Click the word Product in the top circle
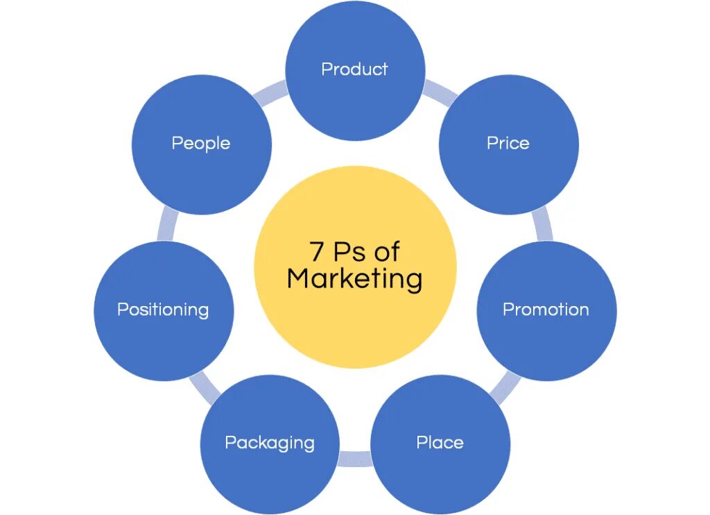point(354,69)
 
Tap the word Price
point(508,143)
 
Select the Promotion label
point(546,310)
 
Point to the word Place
point(440,443)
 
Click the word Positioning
point(163,310)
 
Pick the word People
point(201,143)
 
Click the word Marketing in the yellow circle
point(355,279)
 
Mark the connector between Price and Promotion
point(543,226)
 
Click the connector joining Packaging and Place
point(355,459)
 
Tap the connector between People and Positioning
point(167,226)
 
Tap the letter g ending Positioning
point(203,312)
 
